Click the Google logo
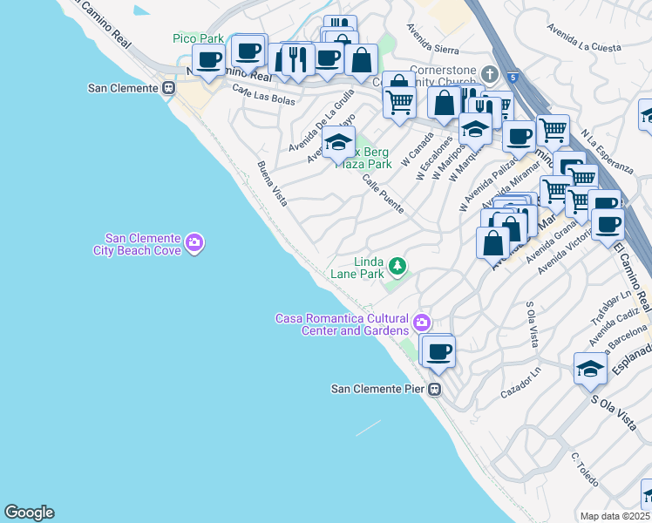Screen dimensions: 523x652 (x=29, y=513)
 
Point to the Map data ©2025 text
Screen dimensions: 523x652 (x=615, y=516)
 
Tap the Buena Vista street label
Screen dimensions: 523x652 (x=271, y=178)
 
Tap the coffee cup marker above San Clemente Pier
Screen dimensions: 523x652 (x=439, y=350)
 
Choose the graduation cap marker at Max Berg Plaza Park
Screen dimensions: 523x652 (x=338, y=141)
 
